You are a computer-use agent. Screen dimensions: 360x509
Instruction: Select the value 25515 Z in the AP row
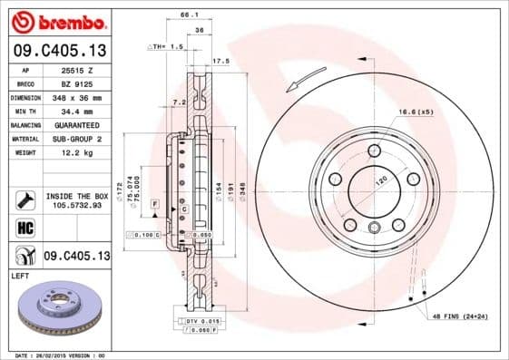click(76, 69)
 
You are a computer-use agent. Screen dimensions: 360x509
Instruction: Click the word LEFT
click(19, 274)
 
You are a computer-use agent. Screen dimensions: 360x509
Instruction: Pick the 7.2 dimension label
click(178, 102)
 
